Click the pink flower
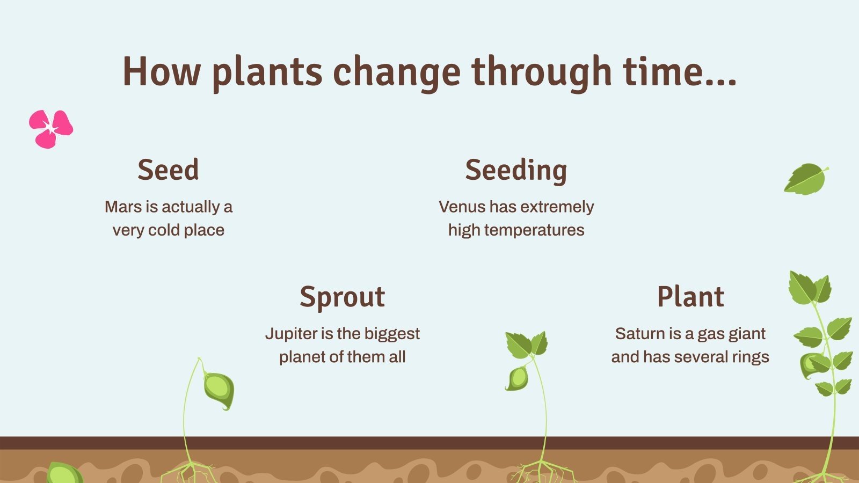(x=50, y=129)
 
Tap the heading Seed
(x=168, y=170)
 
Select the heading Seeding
(x=516, y=171)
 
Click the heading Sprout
(x=343, y=297)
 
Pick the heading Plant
(x=690, y=297)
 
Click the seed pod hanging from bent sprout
(x=219, y=390)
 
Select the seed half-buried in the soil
(x=63, y=473)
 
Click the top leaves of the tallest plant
(x=810, y=288)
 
